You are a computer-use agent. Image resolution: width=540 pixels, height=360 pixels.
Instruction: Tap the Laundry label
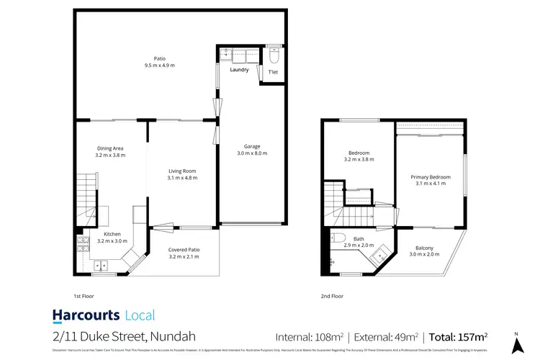click(239, 70)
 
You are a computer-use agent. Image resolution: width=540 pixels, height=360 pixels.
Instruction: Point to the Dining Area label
click(109, 148)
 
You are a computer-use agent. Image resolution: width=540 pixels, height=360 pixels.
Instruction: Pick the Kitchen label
click(112, 234)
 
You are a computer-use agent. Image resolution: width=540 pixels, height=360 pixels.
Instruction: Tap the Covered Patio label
click(184, 250)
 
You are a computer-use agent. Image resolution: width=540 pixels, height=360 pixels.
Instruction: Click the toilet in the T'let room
click(273, 55)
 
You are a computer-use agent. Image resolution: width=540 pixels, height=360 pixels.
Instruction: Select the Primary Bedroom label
click(431, 177)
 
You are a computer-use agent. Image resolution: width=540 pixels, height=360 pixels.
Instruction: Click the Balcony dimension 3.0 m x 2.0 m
click(424, 254)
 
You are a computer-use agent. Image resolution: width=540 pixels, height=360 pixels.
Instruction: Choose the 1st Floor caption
click(84, 296)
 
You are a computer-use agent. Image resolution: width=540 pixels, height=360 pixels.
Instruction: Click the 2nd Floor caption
click(331, 296)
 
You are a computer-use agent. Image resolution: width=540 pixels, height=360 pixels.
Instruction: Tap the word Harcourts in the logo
click(86, 315)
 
